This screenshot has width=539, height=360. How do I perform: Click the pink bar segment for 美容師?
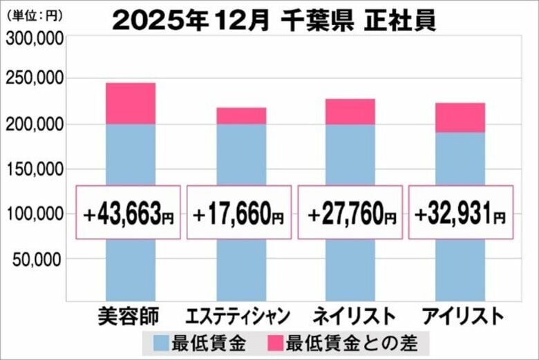click(130, 104)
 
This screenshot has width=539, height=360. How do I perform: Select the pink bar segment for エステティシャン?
click(241, 116)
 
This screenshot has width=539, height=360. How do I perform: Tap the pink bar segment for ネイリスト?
click(350, 112)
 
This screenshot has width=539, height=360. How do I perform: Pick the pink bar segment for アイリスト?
click(460, 117)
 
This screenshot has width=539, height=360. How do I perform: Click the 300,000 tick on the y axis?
click(35, 39)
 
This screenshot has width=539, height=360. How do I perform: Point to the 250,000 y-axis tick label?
click(35, 81)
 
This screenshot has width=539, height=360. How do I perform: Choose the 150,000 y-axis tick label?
click(35, 170)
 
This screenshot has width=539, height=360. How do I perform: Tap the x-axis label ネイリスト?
click(351, 316)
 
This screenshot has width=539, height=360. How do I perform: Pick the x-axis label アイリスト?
click(460, 316)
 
